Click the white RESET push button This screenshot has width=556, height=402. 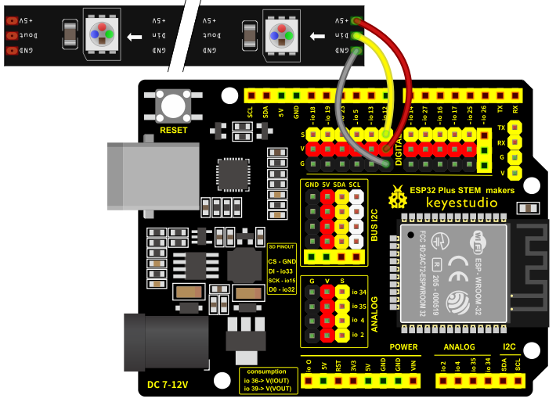coord(174,104)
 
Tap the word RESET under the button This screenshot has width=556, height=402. coord(174,130)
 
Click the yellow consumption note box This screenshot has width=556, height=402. coord(266,379)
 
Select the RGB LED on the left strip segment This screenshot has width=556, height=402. coord(103,34)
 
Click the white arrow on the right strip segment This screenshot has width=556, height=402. coord(320,36)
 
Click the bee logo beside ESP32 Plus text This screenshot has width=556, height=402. coord(399,193)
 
